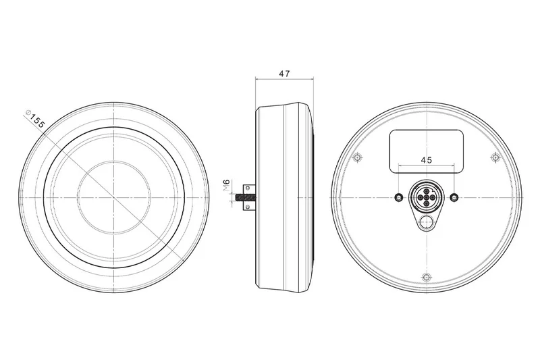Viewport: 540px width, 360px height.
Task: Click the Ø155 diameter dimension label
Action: [35, 119]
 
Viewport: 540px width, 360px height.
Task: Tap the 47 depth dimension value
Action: [284, 74]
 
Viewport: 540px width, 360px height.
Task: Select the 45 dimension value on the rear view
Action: [427, 160]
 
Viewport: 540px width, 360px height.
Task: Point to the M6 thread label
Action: [226, 185]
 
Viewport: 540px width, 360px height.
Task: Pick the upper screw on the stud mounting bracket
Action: [247, 188]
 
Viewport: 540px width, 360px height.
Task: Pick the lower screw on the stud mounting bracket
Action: [247, 207]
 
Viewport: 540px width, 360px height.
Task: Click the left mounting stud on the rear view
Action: [399, 197]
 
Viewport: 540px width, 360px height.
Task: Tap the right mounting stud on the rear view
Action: [454, 197]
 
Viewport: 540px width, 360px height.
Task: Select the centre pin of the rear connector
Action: [427, 197]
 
